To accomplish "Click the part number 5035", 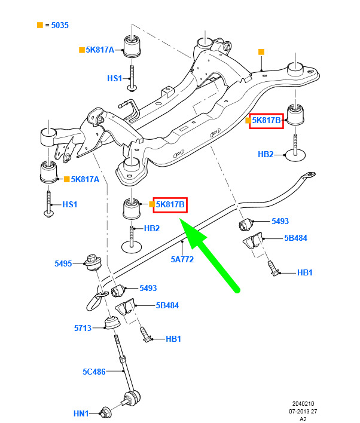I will (60, 26).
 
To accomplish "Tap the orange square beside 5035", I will (39, 26).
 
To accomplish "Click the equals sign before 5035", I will (47, 26).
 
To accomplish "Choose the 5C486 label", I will (94, 371).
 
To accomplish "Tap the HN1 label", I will (81, 413).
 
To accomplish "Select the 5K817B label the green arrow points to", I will (170, 205).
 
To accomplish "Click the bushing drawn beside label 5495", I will (93, 262).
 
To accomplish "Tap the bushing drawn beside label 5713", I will (110, 324).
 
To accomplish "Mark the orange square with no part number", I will (261, 53).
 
